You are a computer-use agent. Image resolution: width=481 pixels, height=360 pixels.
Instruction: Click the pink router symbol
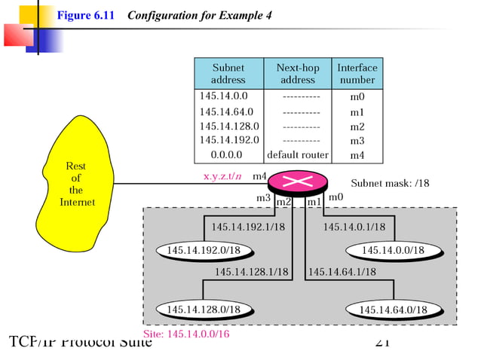point(298,182)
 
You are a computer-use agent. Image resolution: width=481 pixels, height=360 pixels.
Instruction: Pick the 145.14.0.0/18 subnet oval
point(392,250)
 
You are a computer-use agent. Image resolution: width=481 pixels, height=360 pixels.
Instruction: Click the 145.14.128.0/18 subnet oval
point(204,309)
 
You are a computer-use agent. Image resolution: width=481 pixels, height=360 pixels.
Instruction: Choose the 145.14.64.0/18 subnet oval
point(392,310)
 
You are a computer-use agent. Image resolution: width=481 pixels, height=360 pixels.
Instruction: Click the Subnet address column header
point(228,73)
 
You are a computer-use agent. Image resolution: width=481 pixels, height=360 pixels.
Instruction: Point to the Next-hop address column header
point(298,73)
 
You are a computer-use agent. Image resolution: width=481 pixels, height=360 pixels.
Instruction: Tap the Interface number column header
point(357,73)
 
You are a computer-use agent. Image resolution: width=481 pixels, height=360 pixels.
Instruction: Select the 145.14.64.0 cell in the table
point(226,112)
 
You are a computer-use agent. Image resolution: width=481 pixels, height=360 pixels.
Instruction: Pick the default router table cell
point(298,155)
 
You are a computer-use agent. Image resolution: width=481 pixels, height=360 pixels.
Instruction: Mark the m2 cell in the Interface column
point(357,127)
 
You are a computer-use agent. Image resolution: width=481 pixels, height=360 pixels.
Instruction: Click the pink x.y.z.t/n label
point(222,176)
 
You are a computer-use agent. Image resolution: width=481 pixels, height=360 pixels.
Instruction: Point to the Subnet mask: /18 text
point(388,182)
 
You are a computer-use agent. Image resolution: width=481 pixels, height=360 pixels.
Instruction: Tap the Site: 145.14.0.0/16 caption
point(185,333)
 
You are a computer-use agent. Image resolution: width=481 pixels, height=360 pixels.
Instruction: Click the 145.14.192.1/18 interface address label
point(248,227)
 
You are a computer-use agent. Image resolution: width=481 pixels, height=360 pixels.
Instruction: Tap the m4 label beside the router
point(259,176)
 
